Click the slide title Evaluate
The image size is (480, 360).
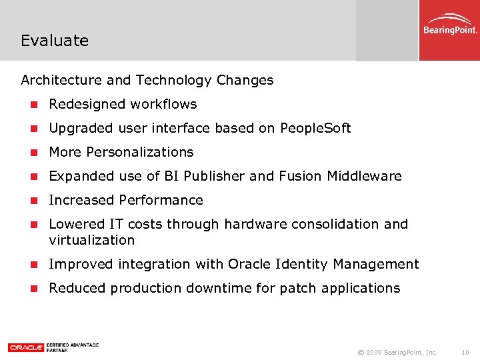pos(55,41)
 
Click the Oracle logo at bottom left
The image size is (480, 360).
pos(26,347)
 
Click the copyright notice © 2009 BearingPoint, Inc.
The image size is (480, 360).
pos(397,351)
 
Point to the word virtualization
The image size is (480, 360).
pos(92,240)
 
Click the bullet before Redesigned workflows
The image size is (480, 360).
pos(33,105)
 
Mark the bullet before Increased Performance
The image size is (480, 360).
pos(33,201)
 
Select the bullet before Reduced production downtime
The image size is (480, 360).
pos(33,289)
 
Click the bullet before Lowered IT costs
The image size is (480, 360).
pos(33,225)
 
